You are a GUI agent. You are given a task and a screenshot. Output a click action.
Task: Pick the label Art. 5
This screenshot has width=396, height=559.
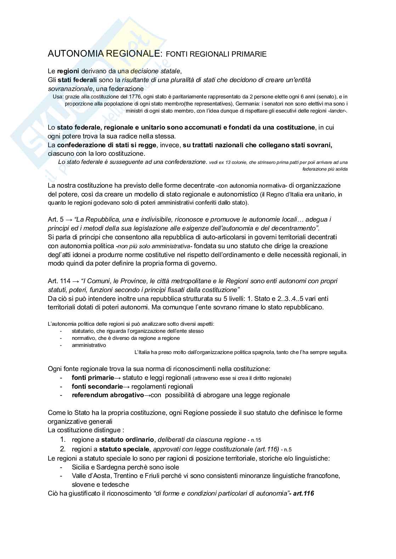click(56, 219)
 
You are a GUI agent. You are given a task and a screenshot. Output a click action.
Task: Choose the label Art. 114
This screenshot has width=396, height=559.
click(59, 281)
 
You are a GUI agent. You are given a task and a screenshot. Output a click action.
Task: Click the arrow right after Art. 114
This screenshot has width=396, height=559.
click(75, 281)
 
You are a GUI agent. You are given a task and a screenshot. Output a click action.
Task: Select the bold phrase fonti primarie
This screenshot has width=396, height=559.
click(93, 378)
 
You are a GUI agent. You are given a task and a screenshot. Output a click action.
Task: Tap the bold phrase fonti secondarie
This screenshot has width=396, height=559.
click(97, 386)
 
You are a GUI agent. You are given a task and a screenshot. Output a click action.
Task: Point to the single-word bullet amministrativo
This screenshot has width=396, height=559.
click(89, 345)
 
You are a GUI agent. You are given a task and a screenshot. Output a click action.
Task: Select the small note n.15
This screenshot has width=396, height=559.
click(256, 440)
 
